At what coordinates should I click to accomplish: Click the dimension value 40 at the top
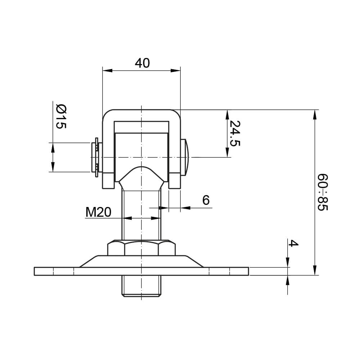click(x=142, y=63)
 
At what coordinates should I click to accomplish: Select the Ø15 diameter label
click(x=61, y=116)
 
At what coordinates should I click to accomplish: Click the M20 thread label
click(x=98, y=212)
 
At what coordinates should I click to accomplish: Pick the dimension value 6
click(x=206, y=200)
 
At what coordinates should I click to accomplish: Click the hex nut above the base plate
click(x=141, y=248)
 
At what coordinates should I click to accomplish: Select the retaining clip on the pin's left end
click(x=96, y=157)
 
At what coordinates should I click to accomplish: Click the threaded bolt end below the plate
click(x=141, y=286)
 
